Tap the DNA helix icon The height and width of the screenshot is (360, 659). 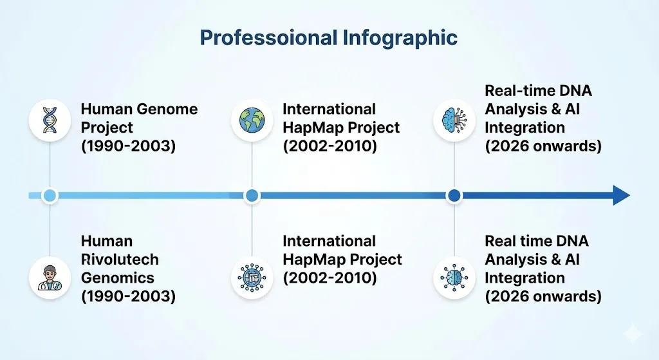tap(50, 120)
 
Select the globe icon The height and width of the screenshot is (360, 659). tap(252, 120)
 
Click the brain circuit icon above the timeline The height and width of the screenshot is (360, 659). tap(454, 120)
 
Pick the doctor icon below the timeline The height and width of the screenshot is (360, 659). tap(50, 277)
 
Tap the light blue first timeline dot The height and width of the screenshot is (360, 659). tap(50, 195)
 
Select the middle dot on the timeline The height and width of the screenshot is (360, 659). tap(252, 195)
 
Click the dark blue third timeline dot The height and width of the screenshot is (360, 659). tap(454, 195)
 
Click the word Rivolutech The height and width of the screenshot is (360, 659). tap(120, 260)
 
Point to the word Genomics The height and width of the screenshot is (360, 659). tap(118, 278)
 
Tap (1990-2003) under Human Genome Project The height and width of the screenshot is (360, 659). tap(128, 146)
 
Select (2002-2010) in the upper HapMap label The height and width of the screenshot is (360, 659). tap(329, 146)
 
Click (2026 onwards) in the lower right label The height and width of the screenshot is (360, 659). tap(543, 297)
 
